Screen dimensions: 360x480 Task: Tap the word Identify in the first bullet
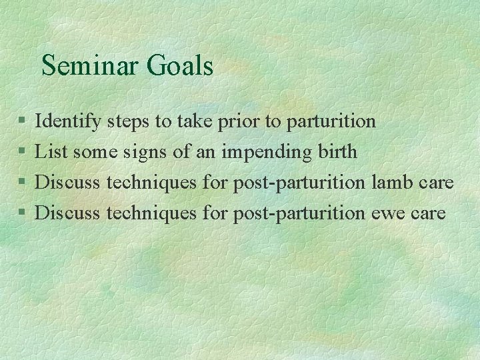(x=68, y=121)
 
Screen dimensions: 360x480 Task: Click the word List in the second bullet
(x=51, y=152)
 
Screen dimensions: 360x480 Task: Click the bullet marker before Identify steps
(x=22, y=122)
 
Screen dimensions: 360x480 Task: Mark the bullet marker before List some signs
(x=22, y=153)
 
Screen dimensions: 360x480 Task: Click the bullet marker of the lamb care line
(x=22, y=183)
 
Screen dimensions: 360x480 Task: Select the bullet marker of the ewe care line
(x=22, y=213)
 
